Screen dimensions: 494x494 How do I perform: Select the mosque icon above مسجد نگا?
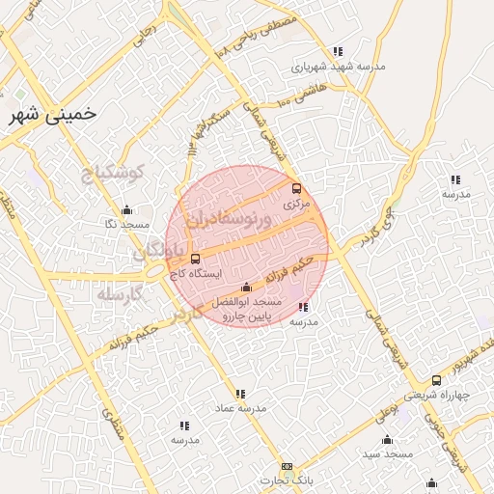click(126, 210)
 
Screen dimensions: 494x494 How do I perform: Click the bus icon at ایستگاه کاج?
click(196, 259)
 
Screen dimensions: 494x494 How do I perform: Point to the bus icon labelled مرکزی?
click(296, 188)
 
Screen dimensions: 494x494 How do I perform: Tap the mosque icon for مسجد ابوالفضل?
click(246, 287)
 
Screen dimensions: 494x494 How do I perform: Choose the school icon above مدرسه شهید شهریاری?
click(337, 51)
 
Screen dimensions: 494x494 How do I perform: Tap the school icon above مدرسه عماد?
click(240, 394)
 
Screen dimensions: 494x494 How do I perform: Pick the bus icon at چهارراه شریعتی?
click(437, 380)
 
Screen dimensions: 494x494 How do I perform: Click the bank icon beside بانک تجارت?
click(287, 466)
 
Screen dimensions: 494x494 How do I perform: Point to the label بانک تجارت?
click(287, 480)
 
